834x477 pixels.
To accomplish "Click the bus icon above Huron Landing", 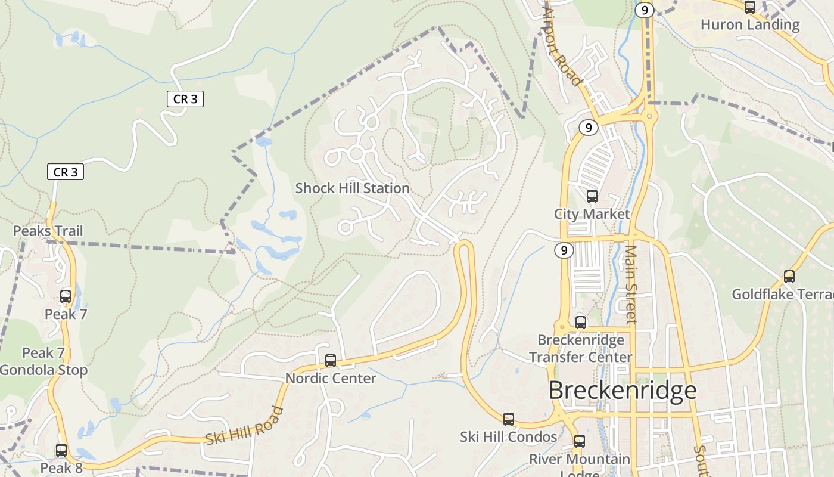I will click(x=750, y=7).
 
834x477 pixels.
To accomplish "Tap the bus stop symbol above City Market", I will click(x=592, y=196).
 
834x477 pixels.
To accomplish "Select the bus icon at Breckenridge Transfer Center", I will click(x=581, y=323).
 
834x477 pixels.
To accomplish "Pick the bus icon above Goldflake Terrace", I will click(x=789, y=277).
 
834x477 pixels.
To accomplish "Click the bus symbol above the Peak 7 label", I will click(x=66, y=296).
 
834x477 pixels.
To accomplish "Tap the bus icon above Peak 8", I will click(x=61, y=450).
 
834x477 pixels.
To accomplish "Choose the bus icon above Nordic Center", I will click(x=331, y=361).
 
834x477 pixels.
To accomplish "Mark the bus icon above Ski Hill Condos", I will click(x=509, y=419).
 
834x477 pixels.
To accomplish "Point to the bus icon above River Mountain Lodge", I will click(x=580, y=441).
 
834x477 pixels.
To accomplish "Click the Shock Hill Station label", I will click(x=353, y=188).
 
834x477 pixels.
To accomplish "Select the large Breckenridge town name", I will click(x=622, y=391).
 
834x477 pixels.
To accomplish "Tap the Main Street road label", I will click(x=631, y=284).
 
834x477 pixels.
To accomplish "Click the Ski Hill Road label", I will click(x=244, y=425).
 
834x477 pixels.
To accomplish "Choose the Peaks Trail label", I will click(x=48, y=231).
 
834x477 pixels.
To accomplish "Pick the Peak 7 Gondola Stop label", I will click(x=43, y=361).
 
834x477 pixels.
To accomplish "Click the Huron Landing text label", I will click(x=749, y=24).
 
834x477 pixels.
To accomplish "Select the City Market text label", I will click(x=592, y=214).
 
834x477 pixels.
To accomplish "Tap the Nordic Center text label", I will click(x=331, y=379).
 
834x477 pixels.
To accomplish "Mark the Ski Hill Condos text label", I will click(x=508, y=437).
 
